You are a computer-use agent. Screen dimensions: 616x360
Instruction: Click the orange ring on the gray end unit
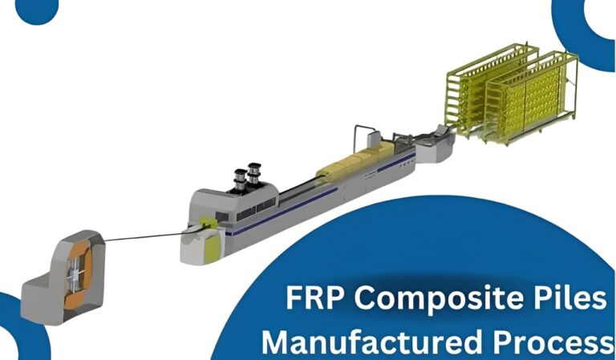[79, 274]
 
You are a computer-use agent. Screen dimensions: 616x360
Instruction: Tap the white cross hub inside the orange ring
[75, 275]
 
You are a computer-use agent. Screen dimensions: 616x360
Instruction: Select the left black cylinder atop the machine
[240, 180]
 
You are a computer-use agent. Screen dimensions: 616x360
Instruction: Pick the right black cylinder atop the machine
[254, 173]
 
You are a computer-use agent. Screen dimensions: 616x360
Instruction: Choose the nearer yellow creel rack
[531, 98]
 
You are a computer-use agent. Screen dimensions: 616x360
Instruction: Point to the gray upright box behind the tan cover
[374, 139]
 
